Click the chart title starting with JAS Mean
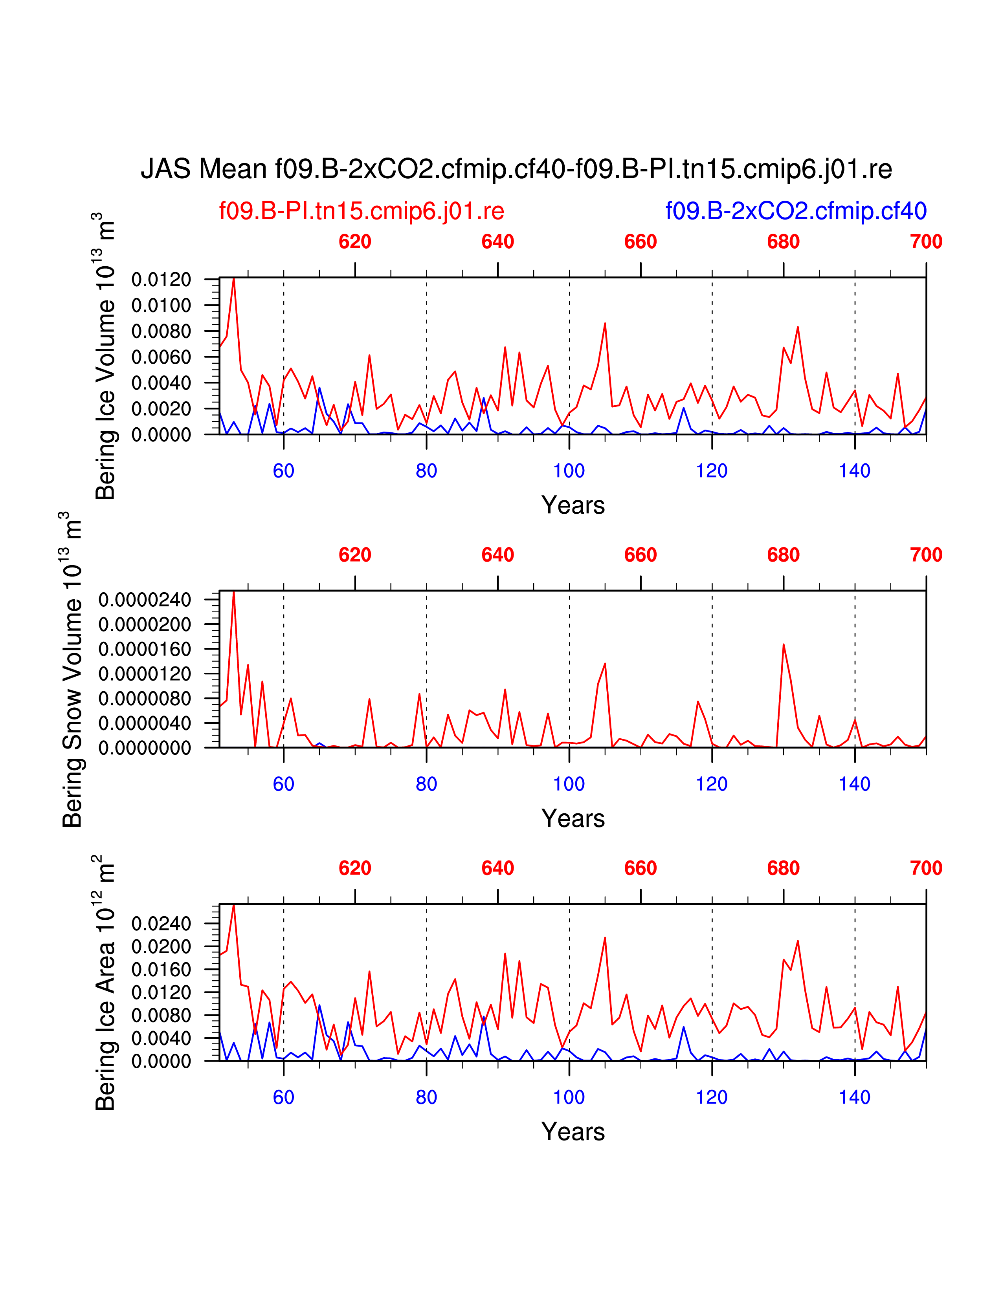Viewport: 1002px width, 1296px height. (516, 169)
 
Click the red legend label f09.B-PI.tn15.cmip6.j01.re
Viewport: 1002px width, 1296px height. (362, 211)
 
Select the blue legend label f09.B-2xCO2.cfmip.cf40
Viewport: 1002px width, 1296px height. (795, 211)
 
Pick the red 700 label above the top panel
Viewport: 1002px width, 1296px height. (925, 242)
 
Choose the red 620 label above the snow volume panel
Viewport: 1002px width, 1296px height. (355, 555)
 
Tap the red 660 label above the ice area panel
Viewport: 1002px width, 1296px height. (640, 868)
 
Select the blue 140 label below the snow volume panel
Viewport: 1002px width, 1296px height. (854, 785)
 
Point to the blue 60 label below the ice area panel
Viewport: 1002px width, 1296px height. (284, 1098)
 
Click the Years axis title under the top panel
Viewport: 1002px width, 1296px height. (573, 505)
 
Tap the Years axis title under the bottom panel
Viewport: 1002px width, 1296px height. (573, 1132)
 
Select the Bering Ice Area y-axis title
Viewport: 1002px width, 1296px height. (105, 983)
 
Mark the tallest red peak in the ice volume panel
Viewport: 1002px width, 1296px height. (234, 278)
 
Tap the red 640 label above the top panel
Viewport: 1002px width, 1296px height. (497, 242)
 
